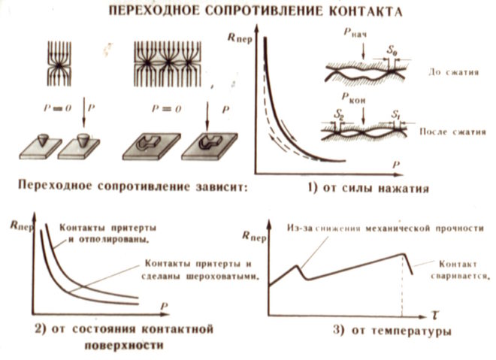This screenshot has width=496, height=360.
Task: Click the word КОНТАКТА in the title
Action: click(361, 13)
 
